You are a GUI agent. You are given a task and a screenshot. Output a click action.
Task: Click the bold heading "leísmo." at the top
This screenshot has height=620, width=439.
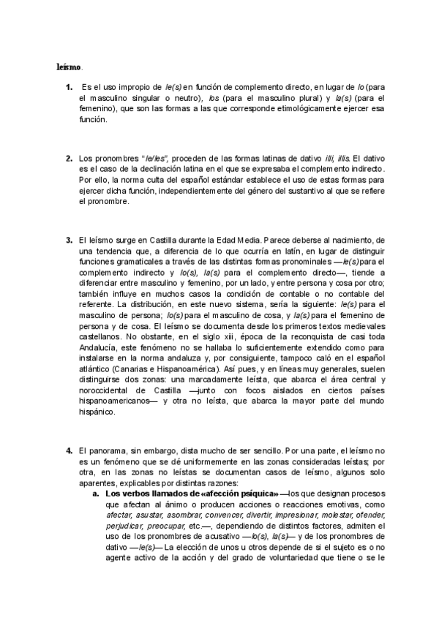click(70, 67)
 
